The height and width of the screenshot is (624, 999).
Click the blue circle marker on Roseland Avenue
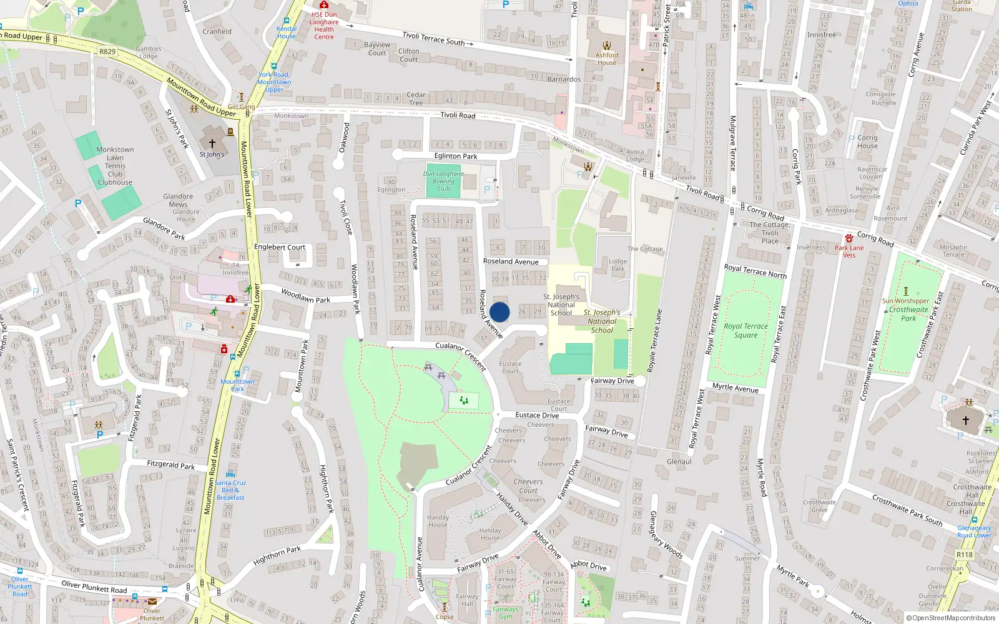click(x=499, y=312)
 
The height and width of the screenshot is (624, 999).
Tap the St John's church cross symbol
click(x=212, y=144)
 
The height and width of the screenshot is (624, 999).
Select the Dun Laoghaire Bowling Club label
click(x=443, y=181)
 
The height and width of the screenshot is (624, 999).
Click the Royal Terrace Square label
click(x=746, y=331)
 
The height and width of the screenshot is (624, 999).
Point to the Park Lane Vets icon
click(x=849, y=238)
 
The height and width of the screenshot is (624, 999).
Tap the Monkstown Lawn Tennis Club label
click(x=115, y=166)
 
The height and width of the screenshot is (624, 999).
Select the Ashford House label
click(x=606, y=59)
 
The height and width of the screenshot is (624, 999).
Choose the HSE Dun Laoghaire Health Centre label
click(x=324, y=26)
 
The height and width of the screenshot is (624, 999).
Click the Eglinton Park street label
click(x=456, y=156)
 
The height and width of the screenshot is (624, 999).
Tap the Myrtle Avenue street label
click(x=736, y=388)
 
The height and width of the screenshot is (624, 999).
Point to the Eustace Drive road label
click(x=537, y=415)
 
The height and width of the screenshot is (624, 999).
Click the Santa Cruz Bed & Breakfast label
click(x=231, y=490)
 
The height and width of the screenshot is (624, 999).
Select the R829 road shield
click(x=107, y=52)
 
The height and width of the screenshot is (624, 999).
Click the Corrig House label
click(x=867, y=142)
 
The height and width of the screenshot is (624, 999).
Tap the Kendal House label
click(x=287, y=32)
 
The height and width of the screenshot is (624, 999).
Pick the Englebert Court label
click(x=280, y=247)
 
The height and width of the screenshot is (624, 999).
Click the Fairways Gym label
click(x=505, y=613)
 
